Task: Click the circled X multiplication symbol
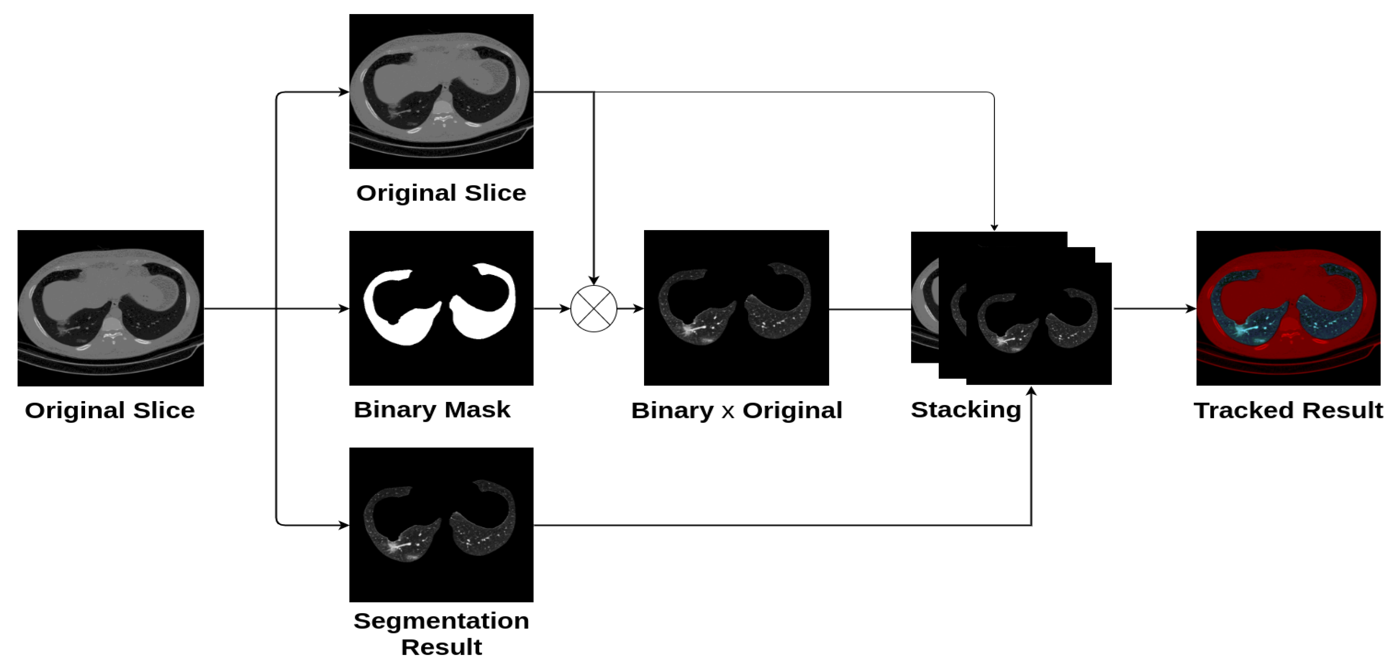coord(594,309)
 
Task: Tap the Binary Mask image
coord(441,308)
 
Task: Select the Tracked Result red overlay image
coord(1288,308)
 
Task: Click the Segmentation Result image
coord(441,525)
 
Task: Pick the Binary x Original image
coord(736,308)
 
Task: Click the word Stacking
coord(966,410)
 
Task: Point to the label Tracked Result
coord(1288,410)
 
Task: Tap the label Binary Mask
coord(432,410)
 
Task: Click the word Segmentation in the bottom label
coord(441,621)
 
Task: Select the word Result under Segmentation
coord(441,647)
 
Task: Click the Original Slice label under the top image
coord(441,193)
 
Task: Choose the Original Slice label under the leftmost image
coord(110,410)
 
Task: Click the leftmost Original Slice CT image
coord(110,308)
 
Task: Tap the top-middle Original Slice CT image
coord(441,91)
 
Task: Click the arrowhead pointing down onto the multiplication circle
coord(594,280)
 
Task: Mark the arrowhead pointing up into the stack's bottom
coord(1031,391)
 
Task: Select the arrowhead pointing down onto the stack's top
coord(994,227)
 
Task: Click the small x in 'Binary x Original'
coord(728,412)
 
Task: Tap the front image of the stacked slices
coord(1039,324)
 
